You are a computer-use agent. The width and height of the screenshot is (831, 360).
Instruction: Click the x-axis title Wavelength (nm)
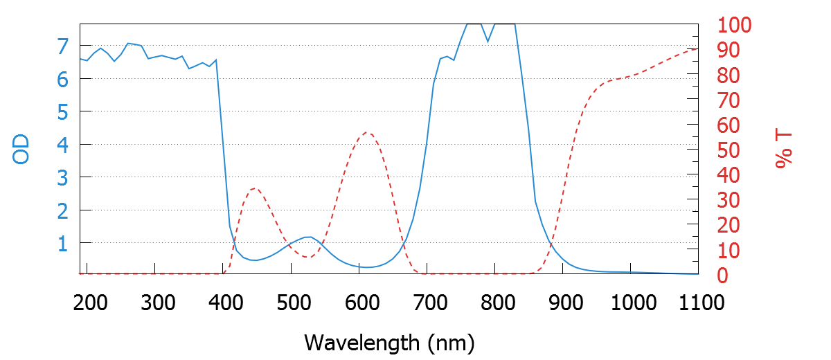(388, 342)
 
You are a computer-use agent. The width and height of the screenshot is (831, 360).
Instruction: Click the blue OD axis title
(22, 149)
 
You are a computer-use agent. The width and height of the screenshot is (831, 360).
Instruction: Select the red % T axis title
(784, 149)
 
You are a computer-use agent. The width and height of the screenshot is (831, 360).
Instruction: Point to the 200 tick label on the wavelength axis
(87, 303)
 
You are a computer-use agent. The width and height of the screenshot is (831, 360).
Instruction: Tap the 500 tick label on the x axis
(291, 303)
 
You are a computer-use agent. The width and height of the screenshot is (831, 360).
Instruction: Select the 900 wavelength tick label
(562, 303)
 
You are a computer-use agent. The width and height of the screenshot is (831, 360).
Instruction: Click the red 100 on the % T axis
(734, 26)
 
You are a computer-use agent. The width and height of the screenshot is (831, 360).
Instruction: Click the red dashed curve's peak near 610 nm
(367, 132)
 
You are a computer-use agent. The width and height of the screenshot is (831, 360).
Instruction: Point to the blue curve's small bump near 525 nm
(308, 237)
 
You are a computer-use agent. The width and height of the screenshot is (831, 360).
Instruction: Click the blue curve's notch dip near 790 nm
(488, 41)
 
